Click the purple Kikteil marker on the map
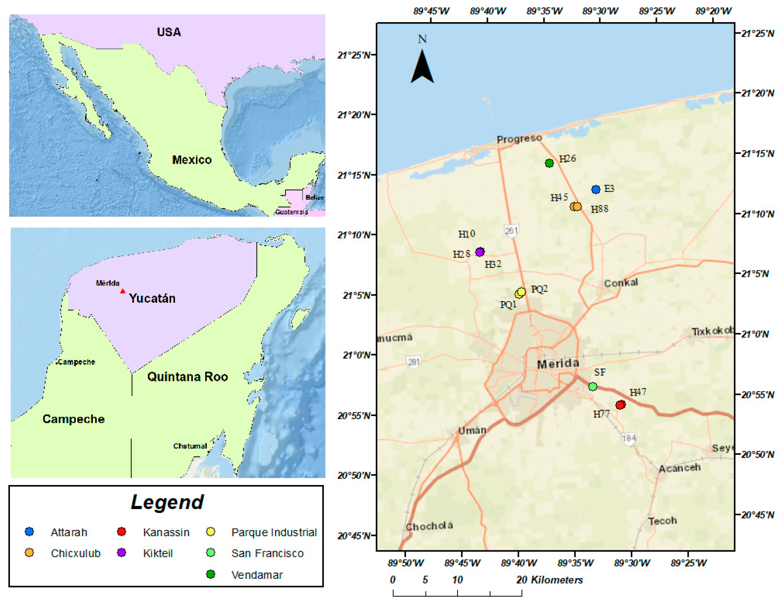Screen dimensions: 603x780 (x=480, y=252)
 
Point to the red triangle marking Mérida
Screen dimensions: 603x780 (x=122, y=291)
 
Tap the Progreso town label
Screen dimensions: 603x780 (x=519, y=139)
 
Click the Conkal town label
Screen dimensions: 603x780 (x=621, y=283)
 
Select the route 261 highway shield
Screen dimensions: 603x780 (x=511, y=230)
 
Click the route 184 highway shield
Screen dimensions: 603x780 (x=629, y=438)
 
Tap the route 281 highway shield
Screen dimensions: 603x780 (x=414, y=362)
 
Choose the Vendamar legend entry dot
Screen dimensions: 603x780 (x=211, y=574)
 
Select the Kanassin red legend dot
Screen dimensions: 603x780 (x=121, y=531)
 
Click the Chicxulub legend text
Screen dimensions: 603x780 (x=76, y=553)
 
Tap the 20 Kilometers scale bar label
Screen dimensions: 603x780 (x=549, y=580)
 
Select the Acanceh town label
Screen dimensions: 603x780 (x=679, y=468)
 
